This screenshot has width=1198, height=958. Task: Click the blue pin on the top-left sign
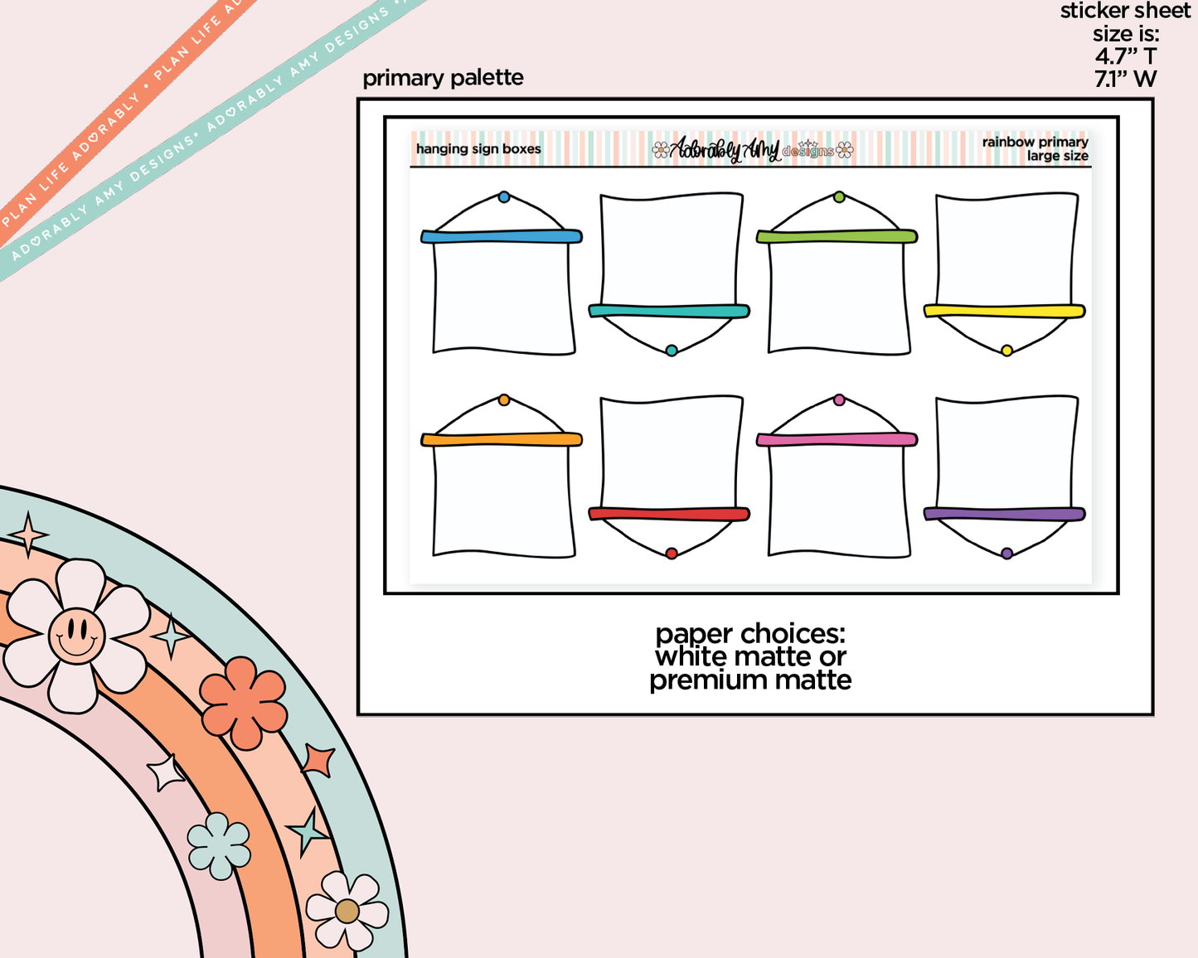coord(504,197)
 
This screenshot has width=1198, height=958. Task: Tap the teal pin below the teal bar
coord(672,351)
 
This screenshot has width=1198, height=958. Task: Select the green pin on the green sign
coord(839,197)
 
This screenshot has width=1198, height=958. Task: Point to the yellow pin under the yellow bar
coord(1006,351)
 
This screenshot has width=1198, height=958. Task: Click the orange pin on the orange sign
coord(504,400)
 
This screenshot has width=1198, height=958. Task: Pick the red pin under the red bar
coord(672,554)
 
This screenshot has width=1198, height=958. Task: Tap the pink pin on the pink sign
coord(839,400)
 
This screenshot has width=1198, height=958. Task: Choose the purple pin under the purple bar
coord(1006,554)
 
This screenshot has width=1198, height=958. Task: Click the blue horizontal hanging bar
coord(502,237)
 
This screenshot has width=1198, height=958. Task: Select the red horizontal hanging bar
coord(669,515)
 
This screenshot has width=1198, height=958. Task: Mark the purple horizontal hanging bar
coord(1005,515)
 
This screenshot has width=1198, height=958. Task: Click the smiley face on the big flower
coord(76,636)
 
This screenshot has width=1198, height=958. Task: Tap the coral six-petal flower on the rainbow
coord(243,703)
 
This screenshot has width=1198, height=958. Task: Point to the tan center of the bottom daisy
coord(347,912)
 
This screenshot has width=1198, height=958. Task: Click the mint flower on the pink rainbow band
coord(219,845)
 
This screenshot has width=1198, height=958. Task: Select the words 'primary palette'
coord(443,78)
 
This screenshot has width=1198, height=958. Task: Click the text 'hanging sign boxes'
coord(478,149)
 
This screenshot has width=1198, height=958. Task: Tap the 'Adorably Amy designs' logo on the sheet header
coord(752,149)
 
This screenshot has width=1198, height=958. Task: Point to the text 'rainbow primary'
coord(1035,142)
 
